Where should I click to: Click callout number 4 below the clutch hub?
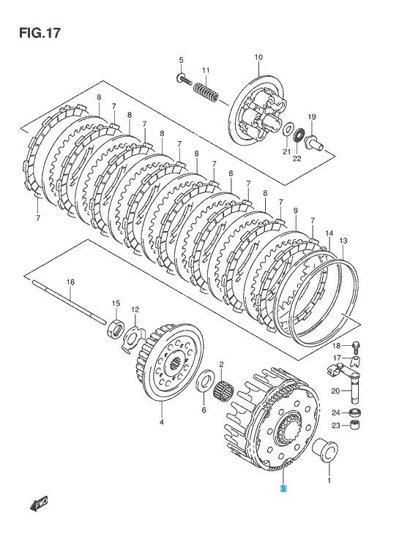tap(162, 422)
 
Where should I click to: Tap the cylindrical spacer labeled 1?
tap(323, 449)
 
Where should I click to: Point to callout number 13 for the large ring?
tap(343, 240)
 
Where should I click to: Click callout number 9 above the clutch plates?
tap(295, 211)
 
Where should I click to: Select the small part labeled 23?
tap(355, 426)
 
